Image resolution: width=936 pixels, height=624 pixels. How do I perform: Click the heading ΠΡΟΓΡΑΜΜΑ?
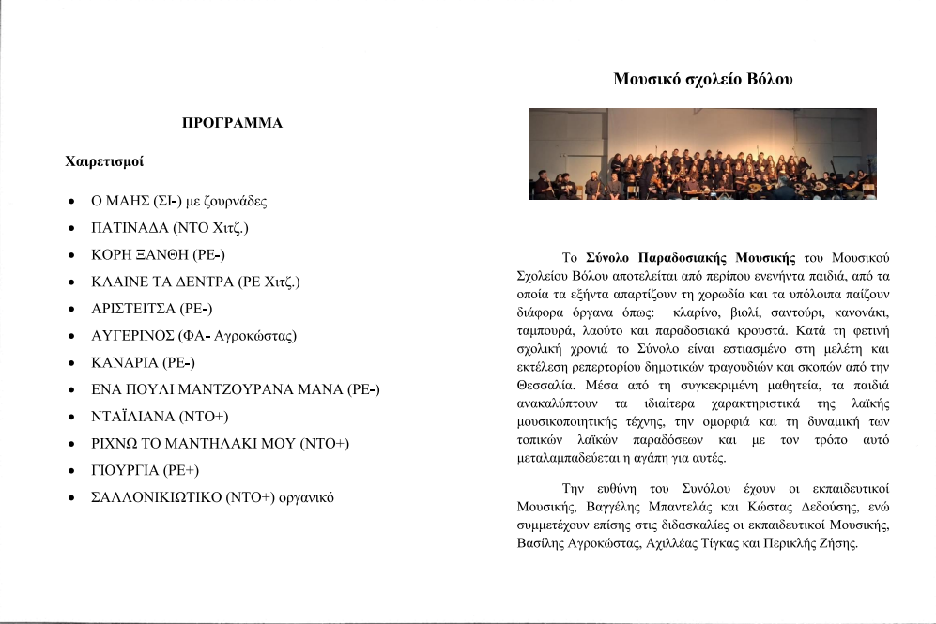232,123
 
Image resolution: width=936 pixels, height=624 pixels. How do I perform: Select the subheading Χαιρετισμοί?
104,161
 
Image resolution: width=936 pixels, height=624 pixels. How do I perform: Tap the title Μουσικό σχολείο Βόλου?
703,79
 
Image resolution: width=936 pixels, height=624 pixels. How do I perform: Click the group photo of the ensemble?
702,153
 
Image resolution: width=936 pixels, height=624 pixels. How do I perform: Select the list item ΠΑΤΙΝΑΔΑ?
131,228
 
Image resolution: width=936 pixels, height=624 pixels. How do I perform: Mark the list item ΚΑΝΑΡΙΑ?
125,362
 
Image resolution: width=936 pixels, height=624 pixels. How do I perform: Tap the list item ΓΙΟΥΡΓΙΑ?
124,470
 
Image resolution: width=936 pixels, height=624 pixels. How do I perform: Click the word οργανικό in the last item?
305,497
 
